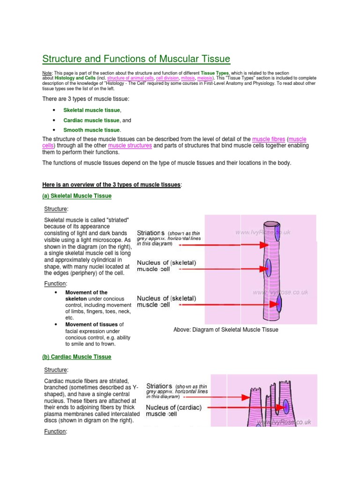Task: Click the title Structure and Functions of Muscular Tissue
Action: click(136, 59)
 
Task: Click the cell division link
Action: click(167, 78)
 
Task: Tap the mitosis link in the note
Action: click(189, 78)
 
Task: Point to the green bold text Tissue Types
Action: click(215, 74)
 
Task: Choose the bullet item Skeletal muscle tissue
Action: click(92, 110)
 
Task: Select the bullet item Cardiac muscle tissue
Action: click(92, 120)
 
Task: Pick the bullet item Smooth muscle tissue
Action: click(92, 130)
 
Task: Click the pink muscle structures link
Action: click(130, 146)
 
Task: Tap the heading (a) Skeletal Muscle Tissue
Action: click(77, 196)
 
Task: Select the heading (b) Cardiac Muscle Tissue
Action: click(77, 357)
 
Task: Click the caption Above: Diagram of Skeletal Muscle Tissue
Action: click(225, 330)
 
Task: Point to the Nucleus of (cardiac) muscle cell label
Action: click(174, 411)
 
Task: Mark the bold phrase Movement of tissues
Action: click(92, 324)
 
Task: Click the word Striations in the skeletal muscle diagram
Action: click(150, 233)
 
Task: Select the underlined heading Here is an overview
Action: click(112, 185)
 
